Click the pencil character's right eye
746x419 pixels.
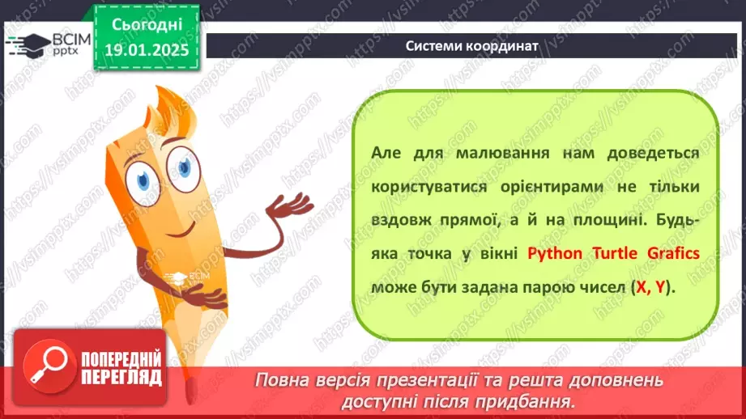185,165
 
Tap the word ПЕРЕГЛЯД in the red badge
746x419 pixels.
122,378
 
